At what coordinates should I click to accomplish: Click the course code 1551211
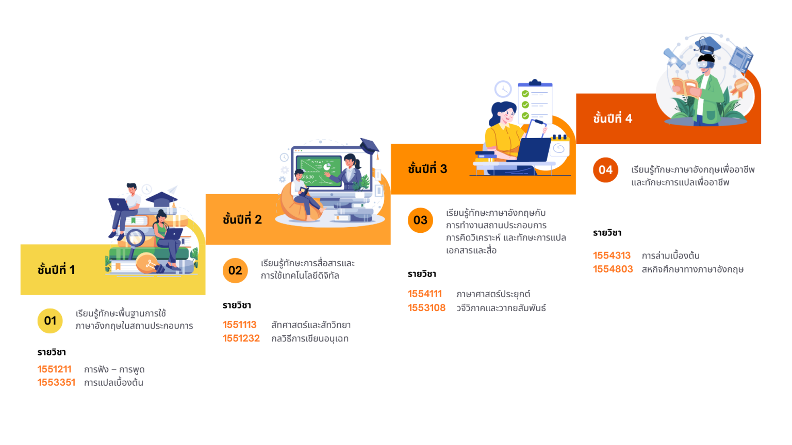pyautogui.click(x=54, y=369)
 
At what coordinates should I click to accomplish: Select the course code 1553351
pyautogui.click(x=56, y=383)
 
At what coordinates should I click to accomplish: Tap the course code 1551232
pyautogui.click(x=241, y=338)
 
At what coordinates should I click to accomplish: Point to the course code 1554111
pyautogui.click(x=425, y=294)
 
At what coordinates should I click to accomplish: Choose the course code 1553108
pyautogui.click(x=426, y=307)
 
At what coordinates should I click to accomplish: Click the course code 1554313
pyautogui.click(x=612, y=255)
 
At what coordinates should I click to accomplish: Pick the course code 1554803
pyautogui.click(x=613, y=269)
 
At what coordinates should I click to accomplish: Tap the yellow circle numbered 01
pyautogui.click(x=50, y=321)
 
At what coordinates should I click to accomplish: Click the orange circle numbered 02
pyautogui.click(x=235, y=270)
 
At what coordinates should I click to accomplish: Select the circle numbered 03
pyautogui.click(x=420, y=220)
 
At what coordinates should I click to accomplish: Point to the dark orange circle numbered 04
pyautogui.click(x=605, y=170)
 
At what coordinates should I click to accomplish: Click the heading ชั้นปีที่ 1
pyautogui.click(x=56, y=269)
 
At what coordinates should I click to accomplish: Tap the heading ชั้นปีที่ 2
pyautogui.click(x=242, y=219)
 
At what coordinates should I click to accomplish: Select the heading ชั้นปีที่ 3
pyautogui.click(x=427, y=169)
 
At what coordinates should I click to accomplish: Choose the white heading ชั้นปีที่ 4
pyautogui.click(x=613, y=118)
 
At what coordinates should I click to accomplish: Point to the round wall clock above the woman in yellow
pyautogui.click(x=503, y=89)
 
